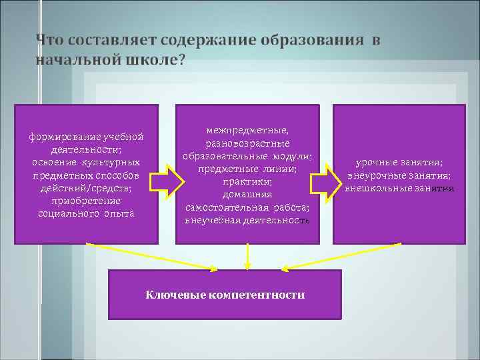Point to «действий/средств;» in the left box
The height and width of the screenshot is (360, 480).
tap(86, 188)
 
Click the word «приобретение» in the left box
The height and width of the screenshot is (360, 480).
tap(86, 201)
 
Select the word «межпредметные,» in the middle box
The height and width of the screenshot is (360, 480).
tap(247, 131)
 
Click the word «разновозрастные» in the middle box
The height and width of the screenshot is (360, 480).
tap(247, 144)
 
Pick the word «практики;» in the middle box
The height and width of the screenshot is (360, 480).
tap(247, 182)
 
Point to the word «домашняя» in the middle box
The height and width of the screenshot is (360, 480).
tap(247, 195)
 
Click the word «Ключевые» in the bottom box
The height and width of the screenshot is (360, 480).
tap(174, 294)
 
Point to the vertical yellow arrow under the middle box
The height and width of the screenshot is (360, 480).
tap(247, 256)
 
